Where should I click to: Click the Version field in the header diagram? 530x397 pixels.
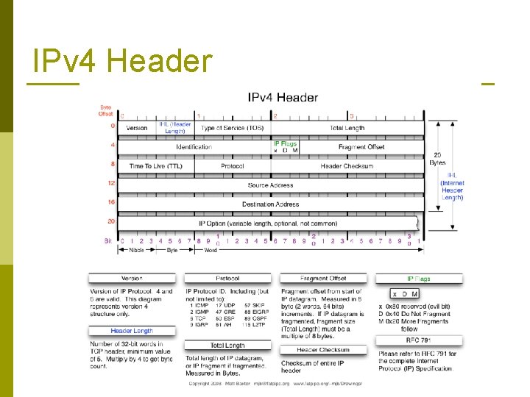[137, 128]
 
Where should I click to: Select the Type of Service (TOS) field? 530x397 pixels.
[232, 128]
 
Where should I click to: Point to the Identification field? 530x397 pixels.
[194, 147]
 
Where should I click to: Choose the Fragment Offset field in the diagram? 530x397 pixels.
[361, 147]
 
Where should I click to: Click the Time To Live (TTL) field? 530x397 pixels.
[155, 166]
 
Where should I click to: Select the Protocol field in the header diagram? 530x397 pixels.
[232, 166]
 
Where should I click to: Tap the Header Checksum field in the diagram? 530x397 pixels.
[347, 166]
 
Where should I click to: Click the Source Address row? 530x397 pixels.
[270, 185]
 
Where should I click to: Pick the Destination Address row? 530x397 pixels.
[270, 204]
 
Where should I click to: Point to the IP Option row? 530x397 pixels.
[268, 223]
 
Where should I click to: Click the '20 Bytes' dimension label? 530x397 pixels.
[437, 159]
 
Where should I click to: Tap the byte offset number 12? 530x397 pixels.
[110, 183]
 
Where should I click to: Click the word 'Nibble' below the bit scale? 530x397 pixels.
[137, 250]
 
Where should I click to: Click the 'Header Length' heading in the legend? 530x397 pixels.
[132, 331]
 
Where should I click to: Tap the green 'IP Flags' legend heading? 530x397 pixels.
[419, 279]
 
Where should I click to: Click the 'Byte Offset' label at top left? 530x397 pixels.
[106, 112]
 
